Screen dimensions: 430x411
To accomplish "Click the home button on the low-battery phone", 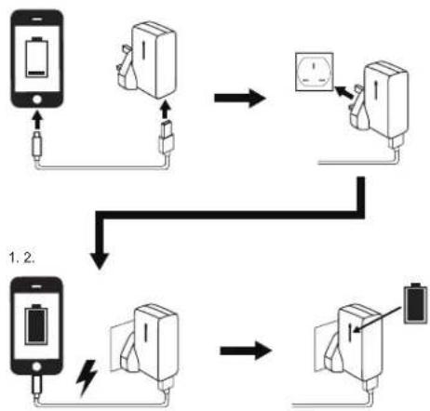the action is click(37, 99).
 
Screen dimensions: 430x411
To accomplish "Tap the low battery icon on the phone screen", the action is click(37, 57).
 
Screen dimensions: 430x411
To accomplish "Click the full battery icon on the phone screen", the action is click(37, 325).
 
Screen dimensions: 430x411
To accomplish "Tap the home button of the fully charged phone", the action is click(36, 366).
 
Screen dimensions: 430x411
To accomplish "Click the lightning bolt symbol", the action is click(87, 378).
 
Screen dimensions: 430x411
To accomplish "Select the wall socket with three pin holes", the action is click(315, 72).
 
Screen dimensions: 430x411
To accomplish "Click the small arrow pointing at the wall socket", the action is click(343, 92).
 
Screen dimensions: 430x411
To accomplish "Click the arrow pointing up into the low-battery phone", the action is click(37, 120).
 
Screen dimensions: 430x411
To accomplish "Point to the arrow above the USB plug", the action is click(167, 110).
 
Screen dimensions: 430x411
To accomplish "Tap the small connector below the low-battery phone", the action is click(37, 145).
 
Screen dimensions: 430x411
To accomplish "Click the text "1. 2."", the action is click(21, 258).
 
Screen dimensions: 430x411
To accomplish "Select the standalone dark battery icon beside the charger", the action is click(415, 303).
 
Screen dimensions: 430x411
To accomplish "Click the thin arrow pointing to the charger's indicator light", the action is click(377, 320).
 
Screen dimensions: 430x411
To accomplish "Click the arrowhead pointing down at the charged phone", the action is click(100, 261).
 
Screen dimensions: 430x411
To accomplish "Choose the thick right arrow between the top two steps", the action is click(240, 98).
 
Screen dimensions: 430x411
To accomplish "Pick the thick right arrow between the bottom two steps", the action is click(246, 351).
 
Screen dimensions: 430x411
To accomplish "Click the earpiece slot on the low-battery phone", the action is click(37, 19).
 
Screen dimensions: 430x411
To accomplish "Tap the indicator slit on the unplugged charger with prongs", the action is click(144, 49).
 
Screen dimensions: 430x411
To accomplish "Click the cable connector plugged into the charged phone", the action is click(37, 384).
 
